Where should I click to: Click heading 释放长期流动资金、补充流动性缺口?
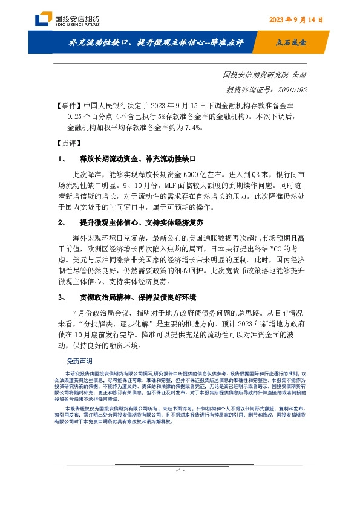139,160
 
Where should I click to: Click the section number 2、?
62,223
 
